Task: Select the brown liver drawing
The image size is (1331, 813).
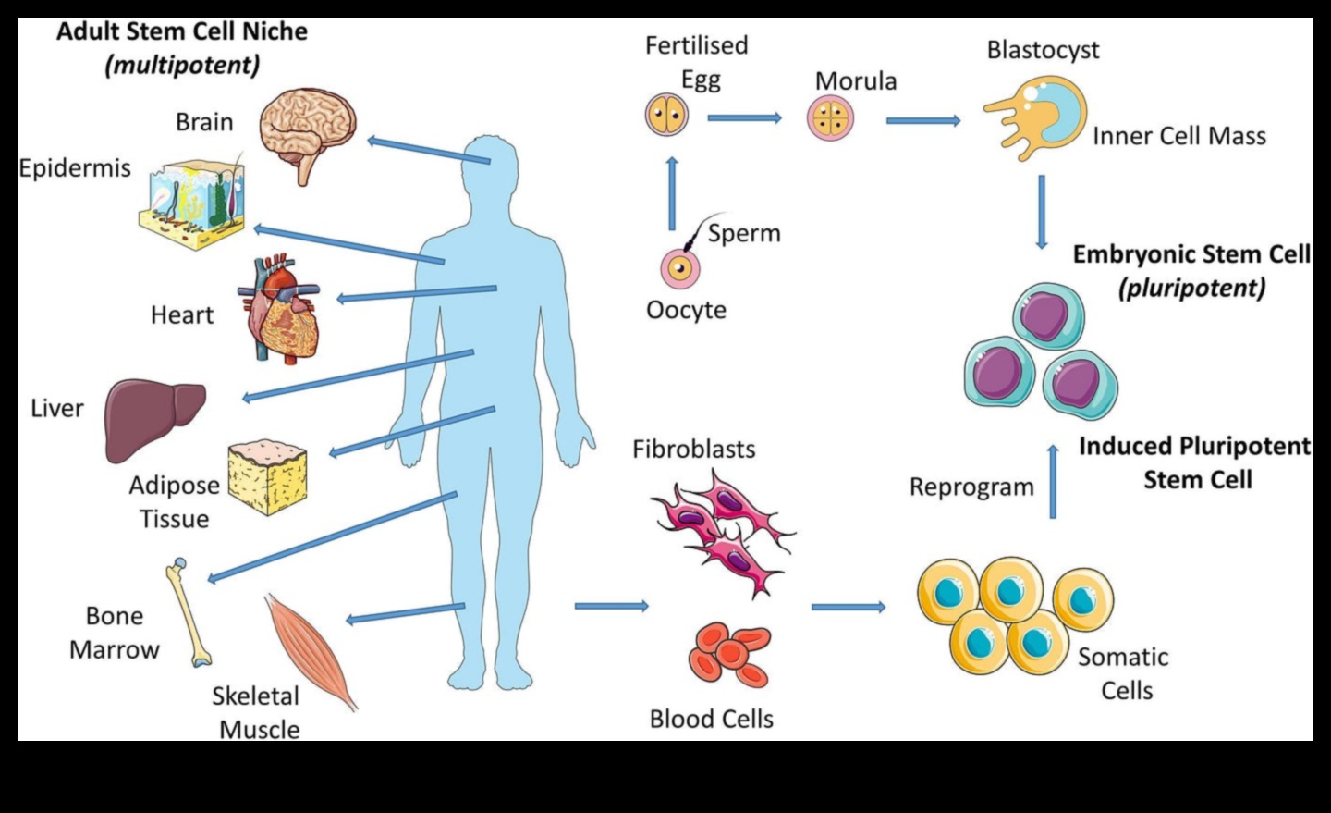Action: coord(153,418)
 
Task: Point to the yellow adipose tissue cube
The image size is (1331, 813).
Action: coord(268,476)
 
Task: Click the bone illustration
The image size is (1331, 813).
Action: coord(189,612)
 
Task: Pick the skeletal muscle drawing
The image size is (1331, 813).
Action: coord(310,649)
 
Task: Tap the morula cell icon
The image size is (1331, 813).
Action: coord(830,118)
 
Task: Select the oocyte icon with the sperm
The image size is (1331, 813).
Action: coord(679,268)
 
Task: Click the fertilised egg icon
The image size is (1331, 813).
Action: coord(666,117)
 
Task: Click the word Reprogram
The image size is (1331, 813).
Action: coord(971,487)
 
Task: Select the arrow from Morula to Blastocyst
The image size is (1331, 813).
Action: coord(922,120)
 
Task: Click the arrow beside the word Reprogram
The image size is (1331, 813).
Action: coord(1053,481)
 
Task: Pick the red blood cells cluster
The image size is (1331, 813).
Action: coord(730,655)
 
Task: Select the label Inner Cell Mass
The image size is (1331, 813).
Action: coord(1178,136)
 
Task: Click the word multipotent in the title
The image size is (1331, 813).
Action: coord(182,66)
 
